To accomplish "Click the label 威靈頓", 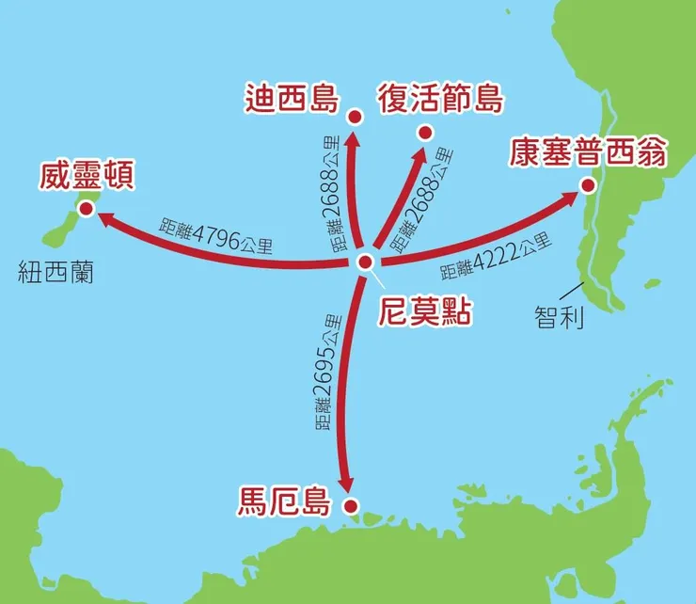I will pyautogui.click(x=83, y=175).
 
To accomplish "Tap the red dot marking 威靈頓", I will pyautogui.click(x=87, y=209).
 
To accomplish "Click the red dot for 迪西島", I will pyautogui.click(x=355, y=118).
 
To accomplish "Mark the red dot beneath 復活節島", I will pyautogui.click(x=424, y=132).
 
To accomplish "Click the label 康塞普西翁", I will pyautogui.click(x=587, y=151).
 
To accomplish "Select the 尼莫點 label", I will pyautogui.click(x=423, y=310).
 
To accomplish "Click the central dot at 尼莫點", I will pyautogui.click(x=366, y=262).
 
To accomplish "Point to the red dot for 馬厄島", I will pyautogui.click(x=353, y=508).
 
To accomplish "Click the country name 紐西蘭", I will pyautogui.click(x=57, y=274).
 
